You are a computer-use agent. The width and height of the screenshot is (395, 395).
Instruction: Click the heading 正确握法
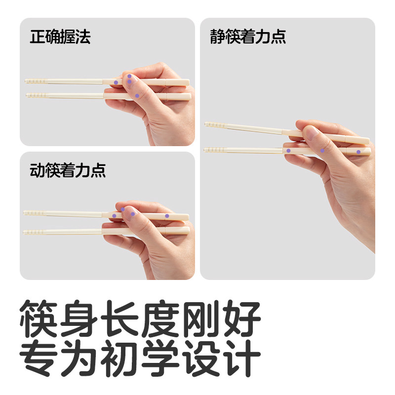[x=60, y=37]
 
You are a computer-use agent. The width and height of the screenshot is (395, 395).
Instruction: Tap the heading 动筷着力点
[x=68, y=170]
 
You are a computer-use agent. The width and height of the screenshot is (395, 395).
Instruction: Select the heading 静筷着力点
[x=248, y=37]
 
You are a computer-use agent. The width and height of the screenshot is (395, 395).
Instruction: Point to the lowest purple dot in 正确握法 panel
[x=137, y=95]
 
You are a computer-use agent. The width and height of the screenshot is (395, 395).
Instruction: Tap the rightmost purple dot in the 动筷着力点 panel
[x=167, y=216]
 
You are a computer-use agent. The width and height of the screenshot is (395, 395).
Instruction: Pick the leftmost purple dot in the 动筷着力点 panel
[x=114, y=216]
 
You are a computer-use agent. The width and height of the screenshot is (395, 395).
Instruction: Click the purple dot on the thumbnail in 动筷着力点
[x=133, y=214]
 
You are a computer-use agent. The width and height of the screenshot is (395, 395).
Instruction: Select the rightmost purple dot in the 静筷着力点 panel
[x=358, y=152]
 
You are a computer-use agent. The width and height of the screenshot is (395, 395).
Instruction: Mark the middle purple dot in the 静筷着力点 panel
[x=322, y=151]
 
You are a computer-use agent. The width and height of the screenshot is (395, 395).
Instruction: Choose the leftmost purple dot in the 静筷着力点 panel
[x=288, y=150]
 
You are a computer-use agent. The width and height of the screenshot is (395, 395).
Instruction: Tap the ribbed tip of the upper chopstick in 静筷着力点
[x=212, y=125]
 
